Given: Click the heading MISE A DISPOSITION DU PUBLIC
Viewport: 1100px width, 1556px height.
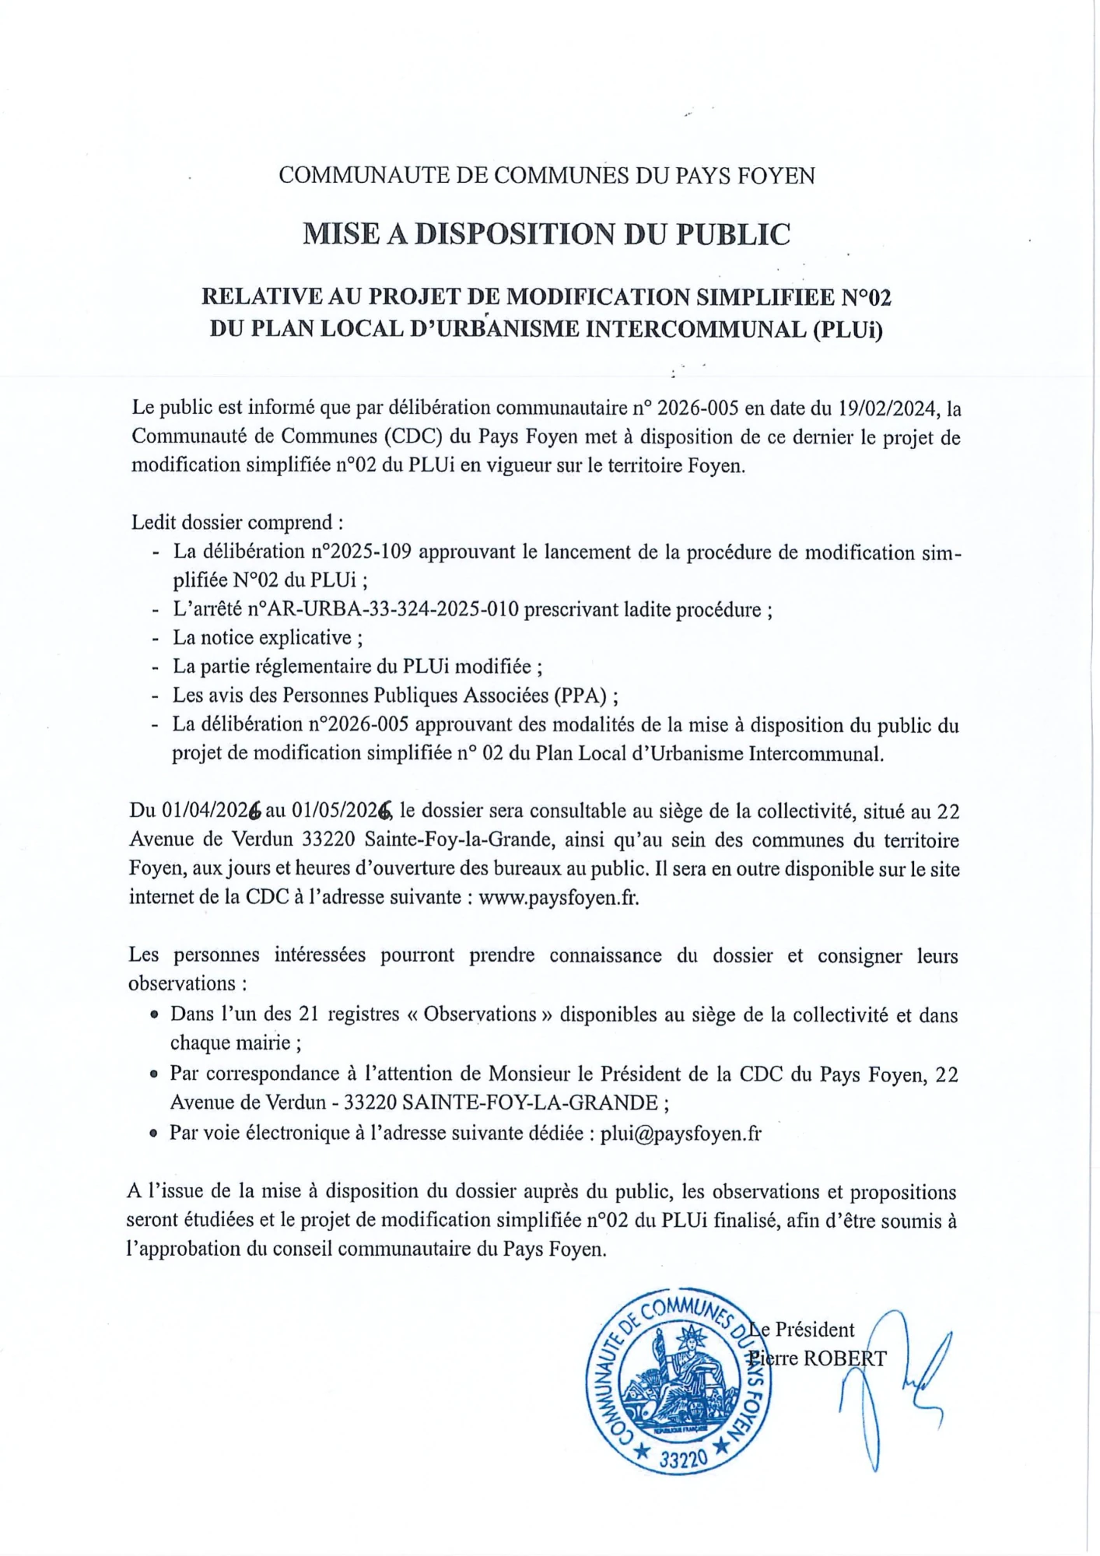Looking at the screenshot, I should pyautogui.click(x=546, y=234).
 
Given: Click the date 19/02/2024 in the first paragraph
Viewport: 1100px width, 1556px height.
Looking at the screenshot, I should pyautogui.click(x=886, y=408).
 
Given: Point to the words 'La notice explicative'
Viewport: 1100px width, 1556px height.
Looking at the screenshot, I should pyautogui.click(x=262, y=638).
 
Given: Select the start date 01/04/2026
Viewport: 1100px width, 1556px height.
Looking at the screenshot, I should pyautogui.click(x=211, y=811).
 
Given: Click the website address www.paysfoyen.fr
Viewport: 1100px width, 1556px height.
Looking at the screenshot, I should pyautogui.click(x=558, y=897).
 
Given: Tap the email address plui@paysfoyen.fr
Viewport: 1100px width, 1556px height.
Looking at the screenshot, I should pyautogui.click(x=681, y=1133).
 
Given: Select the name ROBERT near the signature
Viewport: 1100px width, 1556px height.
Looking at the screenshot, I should pyautogui.click(x=844, y=1359).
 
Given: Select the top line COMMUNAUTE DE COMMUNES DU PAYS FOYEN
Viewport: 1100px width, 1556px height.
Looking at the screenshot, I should pyautogui.click(x=546, y=176).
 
